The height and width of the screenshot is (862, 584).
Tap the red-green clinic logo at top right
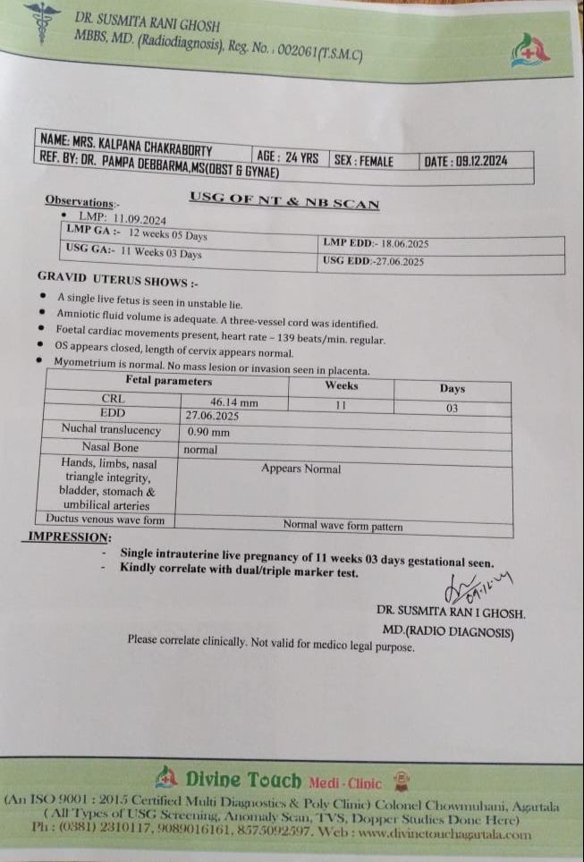point(529,52)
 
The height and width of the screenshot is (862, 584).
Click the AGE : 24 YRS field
point(287,157)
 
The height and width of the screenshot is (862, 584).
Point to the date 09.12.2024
point(465,162)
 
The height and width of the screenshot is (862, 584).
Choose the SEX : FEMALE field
point(363,161)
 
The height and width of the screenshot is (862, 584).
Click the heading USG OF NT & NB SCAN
point(284,201)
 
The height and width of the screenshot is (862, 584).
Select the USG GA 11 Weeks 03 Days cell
point(134,253)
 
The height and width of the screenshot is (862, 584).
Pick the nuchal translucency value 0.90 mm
point(208,431)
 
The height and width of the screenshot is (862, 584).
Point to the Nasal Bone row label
point(110,446)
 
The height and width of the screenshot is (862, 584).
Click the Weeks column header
point(341,385)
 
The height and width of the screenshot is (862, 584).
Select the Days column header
point(452,389)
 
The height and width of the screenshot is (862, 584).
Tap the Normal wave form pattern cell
point(343,526)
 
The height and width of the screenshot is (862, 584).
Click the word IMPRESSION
point(71,537)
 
